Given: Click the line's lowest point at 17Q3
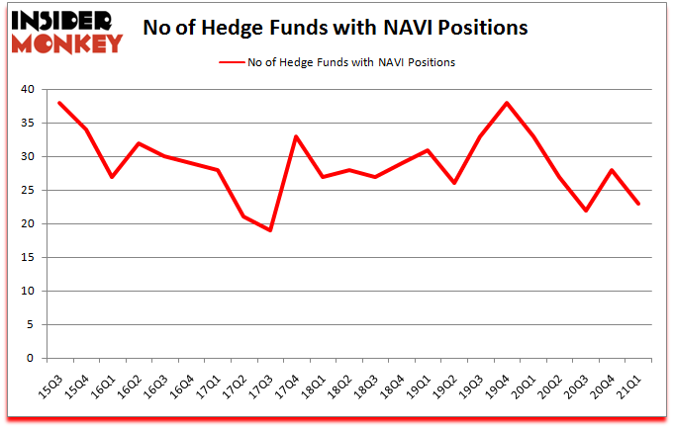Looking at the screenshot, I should pos(269,230).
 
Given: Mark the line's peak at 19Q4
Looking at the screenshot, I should pos(507,103).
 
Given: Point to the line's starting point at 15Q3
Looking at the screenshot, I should pos(59,103).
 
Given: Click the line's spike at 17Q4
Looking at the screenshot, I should pos(296,136).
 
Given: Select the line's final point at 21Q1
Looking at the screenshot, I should pos(638,204).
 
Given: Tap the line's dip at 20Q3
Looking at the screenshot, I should pos(586,211).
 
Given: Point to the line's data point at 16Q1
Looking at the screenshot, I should pos(112,177).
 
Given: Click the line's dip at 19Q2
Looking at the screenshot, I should pos(454,183).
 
